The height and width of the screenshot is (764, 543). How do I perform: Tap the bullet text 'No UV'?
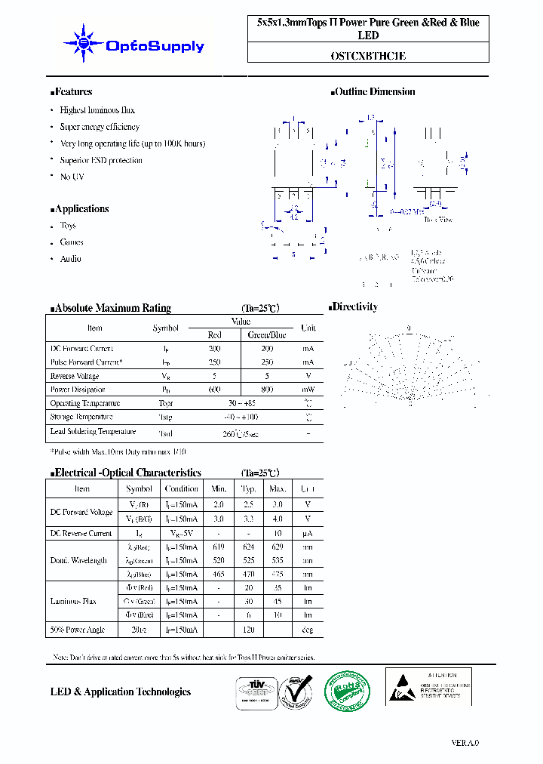[72, 177]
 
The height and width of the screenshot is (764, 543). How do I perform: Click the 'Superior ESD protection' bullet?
[101, 160]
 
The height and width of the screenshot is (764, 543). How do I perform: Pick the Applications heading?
[81, 209]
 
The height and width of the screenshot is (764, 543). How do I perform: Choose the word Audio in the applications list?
[71, 259]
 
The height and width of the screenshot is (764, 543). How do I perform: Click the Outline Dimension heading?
[375, 92]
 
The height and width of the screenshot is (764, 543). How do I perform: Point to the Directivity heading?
[355, 307]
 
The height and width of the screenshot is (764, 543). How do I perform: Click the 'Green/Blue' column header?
[267, 334]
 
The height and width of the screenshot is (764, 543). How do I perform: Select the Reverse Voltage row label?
[75, 376]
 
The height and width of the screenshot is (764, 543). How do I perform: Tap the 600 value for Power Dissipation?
[215, 390]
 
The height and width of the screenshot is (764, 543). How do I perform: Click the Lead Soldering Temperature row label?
[93, 432]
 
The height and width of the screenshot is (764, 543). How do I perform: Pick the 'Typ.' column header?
[249, 488]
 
